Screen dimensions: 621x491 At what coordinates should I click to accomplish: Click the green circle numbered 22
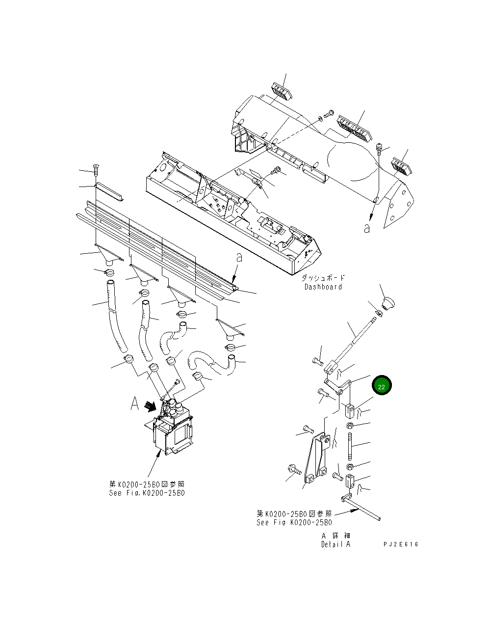[382, 386]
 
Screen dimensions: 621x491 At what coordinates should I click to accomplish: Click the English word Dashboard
[323, 287]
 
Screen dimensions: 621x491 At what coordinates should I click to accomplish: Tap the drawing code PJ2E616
[401, 544]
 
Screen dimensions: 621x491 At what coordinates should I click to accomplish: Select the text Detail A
[336, 544]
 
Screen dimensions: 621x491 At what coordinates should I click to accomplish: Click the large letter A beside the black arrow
[134, 404]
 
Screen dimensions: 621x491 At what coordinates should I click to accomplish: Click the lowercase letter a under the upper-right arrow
[367, 228]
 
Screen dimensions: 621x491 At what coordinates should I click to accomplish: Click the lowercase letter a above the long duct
[239, 257]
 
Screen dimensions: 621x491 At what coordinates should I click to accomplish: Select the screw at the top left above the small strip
[96, 170]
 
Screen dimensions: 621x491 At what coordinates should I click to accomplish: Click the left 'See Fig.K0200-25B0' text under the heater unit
[147, 493]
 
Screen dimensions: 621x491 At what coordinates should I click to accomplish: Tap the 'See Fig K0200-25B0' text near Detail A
[294, 522]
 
